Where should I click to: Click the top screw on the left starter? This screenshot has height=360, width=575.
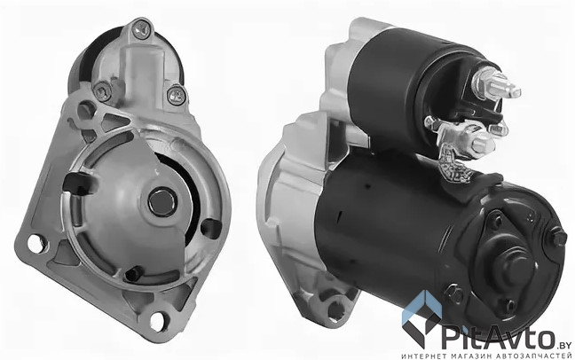[x=142, y=29]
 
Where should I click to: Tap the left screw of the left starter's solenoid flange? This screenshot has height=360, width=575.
[x=101, y=91]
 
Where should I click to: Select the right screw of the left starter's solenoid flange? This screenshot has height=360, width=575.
[x=177, y=95]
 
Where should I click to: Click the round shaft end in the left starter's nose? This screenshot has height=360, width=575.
[x=162, y=201]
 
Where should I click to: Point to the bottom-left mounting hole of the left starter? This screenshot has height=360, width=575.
[x=37, y=244]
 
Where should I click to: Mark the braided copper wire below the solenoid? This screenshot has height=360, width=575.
[x=452, y=162]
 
